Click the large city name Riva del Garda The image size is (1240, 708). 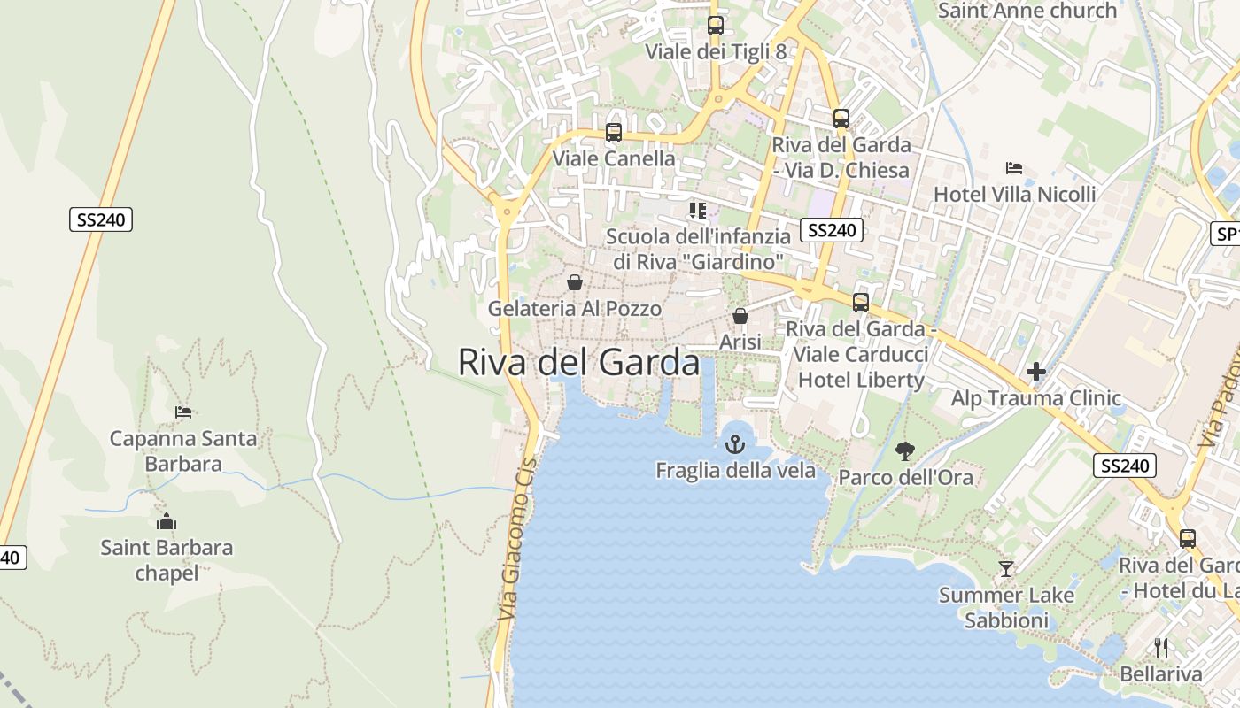pos(578,362)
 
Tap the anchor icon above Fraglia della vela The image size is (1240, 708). pos(735,444)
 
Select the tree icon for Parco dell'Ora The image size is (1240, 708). pos(904,451)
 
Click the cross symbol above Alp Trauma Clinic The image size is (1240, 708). pos(1036,373)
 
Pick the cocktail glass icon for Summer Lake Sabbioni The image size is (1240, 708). pos(1005,568)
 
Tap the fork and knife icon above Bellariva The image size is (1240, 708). pos(1161,648)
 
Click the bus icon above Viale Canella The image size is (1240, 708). pos(613,133)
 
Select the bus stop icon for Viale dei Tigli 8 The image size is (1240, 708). pos(715,26)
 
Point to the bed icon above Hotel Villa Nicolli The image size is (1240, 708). pos(1014,168)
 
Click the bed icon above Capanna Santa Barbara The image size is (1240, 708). pos(183,412)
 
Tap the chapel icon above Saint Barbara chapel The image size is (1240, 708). pos(166,521)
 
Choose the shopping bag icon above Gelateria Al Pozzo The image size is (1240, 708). pos(575,282)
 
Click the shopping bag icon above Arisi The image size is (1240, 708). pos(740,316)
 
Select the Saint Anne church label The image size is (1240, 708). pos(1027,11)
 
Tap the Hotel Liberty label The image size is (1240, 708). pos(861,381)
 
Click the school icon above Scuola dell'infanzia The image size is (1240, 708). pos(698,211)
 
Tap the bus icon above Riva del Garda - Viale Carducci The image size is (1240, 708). pos(860,303)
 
